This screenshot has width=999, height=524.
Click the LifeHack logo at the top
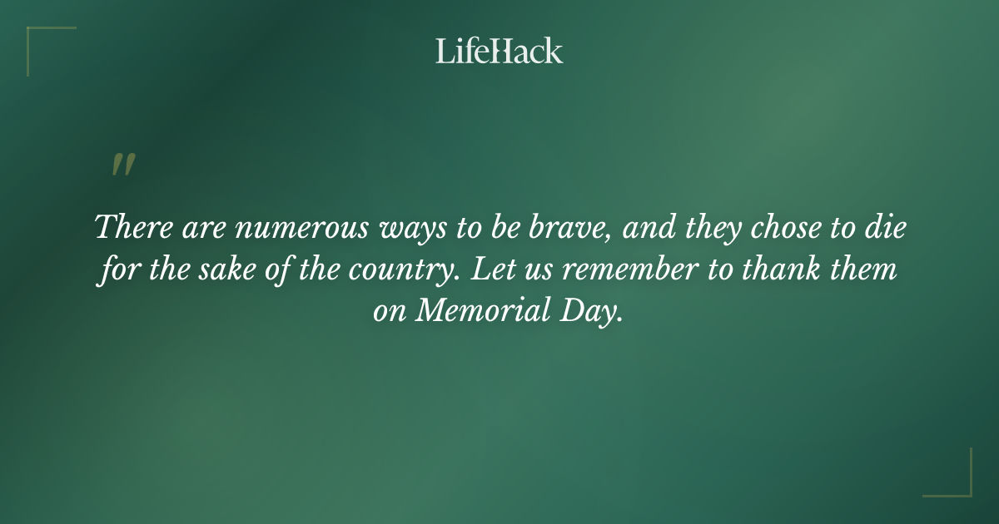click(x=499, y=51)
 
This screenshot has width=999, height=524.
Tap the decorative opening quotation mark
click(x=122, y=166)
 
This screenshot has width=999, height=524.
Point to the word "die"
click(x=885, y=227)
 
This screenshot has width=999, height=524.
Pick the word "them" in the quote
click(x=870, y=270)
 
